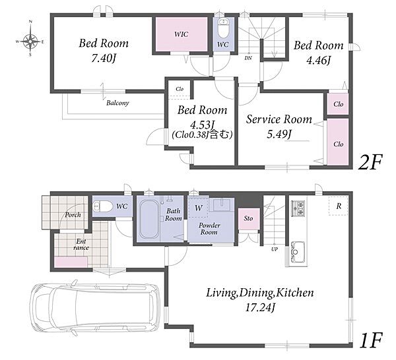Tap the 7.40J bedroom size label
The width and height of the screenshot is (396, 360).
(104, 59)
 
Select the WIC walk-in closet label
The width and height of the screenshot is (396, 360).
(181, 34)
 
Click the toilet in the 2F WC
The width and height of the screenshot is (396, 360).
(223, 28)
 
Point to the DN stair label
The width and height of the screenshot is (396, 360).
(248, 58)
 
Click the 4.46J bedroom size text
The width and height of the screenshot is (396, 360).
(319, 60)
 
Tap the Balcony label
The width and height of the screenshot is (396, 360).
(117, 103)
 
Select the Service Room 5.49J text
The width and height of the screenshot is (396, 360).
(279, 127)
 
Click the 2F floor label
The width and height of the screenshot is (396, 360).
(370, 162)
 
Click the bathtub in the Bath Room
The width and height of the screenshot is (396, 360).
(149, 219)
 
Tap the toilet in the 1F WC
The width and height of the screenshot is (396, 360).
(103, 207)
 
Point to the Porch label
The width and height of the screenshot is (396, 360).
(73, 215)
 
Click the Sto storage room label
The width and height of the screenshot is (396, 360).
(248, 218)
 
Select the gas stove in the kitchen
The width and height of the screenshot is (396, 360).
(298, 208)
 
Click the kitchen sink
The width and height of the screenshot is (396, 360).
(298, 252)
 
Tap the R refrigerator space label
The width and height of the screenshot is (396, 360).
(339, 206)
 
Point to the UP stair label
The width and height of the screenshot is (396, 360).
(275, 249)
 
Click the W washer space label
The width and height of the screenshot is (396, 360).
(199, 208)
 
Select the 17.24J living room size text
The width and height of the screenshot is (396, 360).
(260, 308)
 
